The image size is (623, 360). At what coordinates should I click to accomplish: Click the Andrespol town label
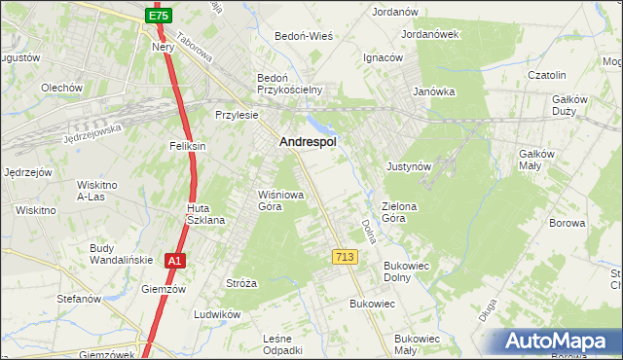pyautogui.click(x=308, y=142)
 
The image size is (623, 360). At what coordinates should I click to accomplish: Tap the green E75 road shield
pyautogui.click(x=159, y=17)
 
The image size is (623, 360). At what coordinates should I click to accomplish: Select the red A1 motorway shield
pyautogui.click(x=173, y=261)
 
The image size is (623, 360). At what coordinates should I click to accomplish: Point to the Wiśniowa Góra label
pyautogui.click(x=280, y=199)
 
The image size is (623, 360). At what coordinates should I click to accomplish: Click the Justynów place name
pyautogui.click(x=408, y=166)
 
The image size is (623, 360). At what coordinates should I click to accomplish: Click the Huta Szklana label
pyautogui.click(x=206, y=214)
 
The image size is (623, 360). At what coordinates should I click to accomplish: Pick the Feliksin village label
pyautogui.click(x=187, y=146)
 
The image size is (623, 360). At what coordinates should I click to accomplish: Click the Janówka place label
pyautogui.click(x=433, y=91)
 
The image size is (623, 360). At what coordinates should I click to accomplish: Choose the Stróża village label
pyautogui.click(x=240, y=283)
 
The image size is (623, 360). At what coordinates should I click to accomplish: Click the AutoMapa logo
pyautogui.click(x=561, y=342)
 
